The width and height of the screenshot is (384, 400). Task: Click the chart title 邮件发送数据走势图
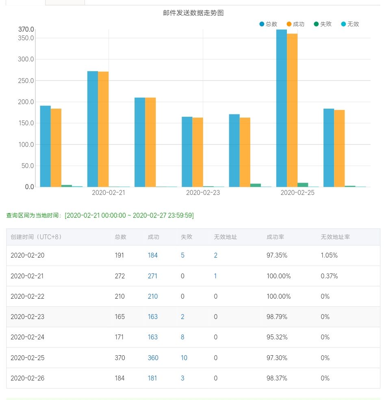click(x=193, y=13)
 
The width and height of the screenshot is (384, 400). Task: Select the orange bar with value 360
click(x=292, y=110)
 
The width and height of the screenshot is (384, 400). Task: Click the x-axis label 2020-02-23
click(x=203, y=193)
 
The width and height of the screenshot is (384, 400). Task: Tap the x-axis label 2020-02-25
click(x=297, y=193)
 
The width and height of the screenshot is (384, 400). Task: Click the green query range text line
click(x=100, y=215)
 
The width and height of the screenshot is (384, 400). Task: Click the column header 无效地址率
click(x=335, y=237)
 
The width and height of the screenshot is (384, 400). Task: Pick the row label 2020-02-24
click(x=27, y=337)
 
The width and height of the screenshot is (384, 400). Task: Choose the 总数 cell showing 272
click(x=120, y=276)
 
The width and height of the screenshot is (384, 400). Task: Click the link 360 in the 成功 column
click(x=153, y=358)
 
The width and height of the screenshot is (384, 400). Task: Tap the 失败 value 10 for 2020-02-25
click(x=184, y=358)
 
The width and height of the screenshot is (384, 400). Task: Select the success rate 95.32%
click(x=277, y=337)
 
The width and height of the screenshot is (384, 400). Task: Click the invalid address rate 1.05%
click(x=329, y=256)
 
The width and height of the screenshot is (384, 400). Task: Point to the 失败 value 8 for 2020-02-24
click(x=182, y=337)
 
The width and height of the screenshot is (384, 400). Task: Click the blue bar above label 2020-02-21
click(x=93, y=129)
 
